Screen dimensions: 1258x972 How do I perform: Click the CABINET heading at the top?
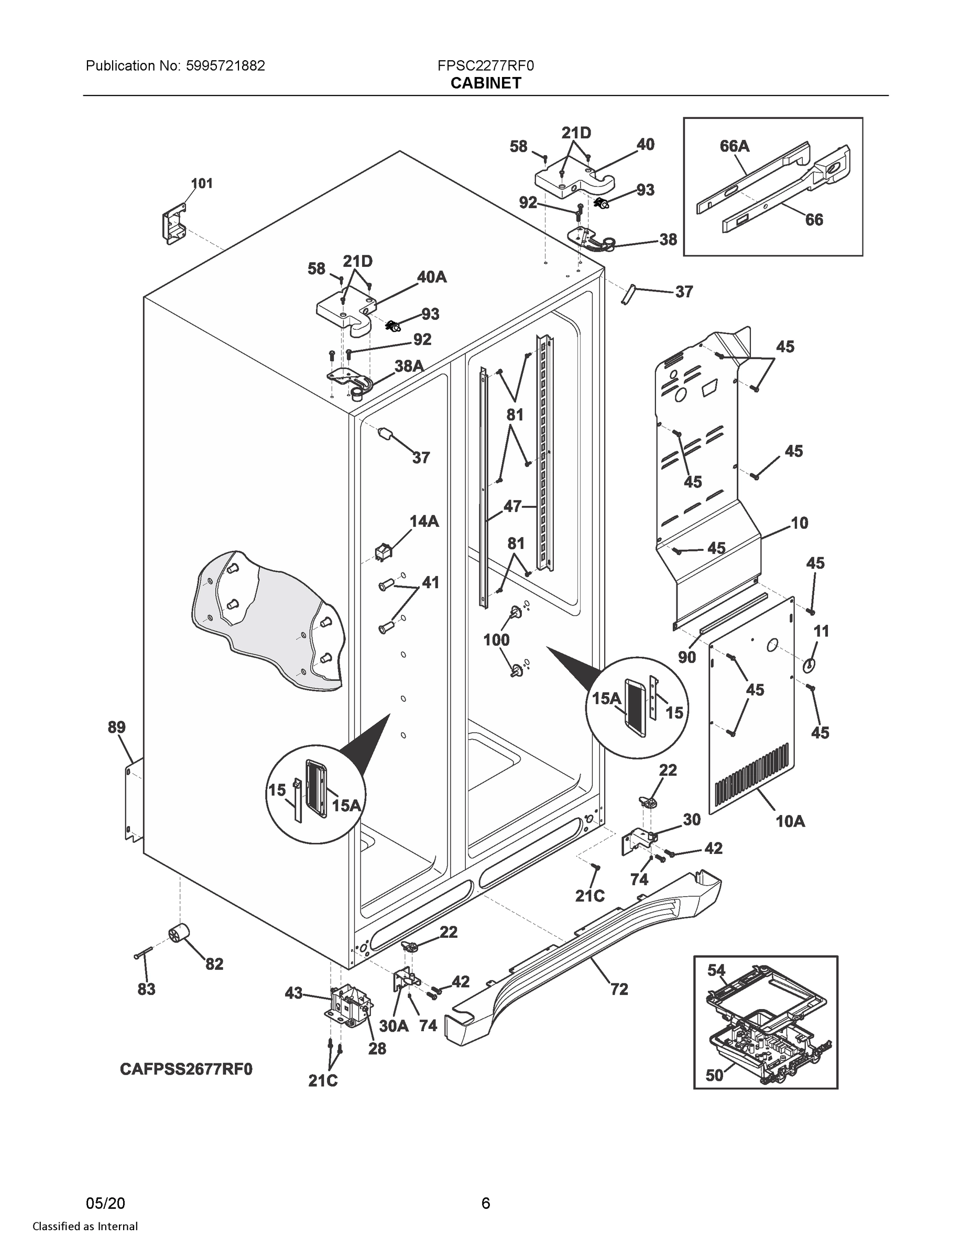tap(485, 83)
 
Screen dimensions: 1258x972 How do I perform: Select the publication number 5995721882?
tap(225, 66)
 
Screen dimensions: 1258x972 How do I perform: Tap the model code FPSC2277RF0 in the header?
tap(485, 66)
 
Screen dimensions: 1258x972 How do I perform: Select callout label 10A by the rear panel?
tap(790, 821)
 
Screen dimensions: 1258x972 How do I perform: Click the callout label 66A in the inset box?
tap(734, 146)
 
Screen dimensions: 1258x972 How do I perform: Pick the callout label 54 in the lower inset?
tap(716, 971)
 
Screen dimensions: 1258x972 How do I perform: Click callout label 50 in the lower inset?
tap(714, 1075)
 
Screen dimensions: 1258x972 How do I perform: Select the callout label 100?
tap(496, 639)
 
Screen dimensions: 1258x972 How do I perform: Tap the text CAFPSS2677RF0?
tap(186, 1069)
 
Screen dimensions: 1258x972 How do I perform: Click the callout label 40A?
tap(431, 277)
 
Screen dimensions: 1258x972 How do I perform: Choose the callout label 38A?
tap(408, 365)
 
